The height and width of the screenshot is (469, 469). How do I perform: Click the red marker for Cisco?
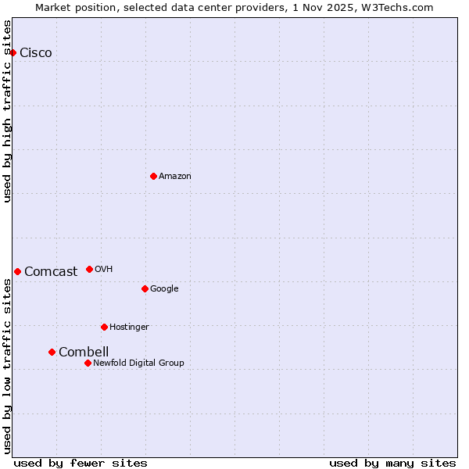pyautogui.click(x=13, y=52)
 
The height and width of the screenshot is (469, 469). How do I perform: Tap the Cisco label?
pyautogui.click(x=36, y=53)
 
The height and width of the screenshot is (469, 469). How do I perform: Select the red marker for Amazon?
pyautogui.click(x=153, y=176)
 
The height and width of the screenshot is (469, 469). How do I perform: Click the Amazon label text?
pyautogui.click(x=175, y=177)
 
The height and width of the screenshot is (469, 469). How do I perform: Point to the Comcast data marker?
pyautogui.click(x=17, y=271)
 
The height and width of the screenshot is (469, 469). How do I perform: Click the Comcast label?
pyautogui.click(x=51, y=272)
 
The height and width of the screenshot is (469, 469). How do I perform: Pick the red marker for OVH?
pyautogui.click(x=89, y=269)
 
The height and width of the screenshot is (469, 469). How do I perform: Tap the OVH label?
pyautogui.click(x=104, y=270)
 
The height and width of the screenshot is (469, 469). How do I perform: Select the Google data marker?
pyautogui.click(x=145, y=288)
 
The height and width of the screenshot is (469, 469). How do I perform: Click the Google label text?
pyautogui.click(x=164, y=289)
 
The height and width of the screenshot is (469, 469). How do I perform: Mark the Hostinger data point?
pyautogui.click(x=104, y=327)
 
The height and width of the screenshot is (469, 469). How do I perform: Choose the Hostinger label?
pyautogui.click(x=129, y=328)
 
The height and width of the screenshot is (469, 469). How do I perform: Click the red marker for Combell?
pyautogui.click(x=52, y=352)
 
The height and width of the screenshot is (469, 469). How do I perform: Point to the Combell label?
pyautogui.click(x=84, y=353)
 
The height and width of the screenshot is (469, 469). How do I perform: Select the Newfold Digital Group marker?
pyautogui.click(x=88, y=363)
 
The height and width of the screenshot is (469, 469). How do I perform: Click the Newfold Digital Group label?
pyautogui.click(x=138, y=363)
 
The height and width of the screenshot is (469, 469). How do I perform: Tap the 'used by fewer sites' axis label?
pyautogui.click(x=81, y=464)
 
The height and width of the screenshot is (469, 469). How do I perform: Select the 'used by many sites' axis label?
pyautogui.click(x=392, y=464)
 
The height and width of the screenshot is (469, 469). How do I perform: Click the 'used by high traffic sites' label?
pyautogui.click(x=8, y=111)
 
